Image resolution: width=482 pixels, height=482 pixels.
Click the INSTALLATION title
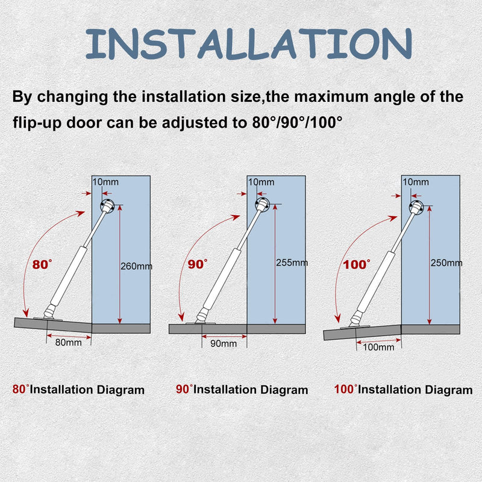pyautogui.click(x=249, y=43)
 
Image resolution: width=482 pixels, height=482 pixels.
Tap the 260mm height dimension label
pyautogui.click(x=136, y=266)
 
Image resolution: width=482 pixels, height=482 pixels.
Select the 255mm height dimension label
pyautogui.click(x=292, y=263)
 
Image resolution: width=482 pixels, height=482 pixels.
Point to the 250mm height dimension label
pyautogui.click(x=446, y=263)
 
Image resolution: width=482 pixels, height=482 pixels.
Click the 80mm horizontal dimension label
pyautogui.click(x=68, y=342)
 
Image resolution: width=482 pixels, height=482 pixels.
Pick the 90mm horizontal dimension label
pyautogui.click(x=224, y=343)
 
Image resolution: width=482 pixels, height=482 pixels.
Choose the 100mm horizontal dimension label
pyautogui.click(x=378, y=348)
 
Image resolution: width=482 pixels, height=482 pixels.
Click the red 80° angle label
pyautogui.click(x=42, y=264)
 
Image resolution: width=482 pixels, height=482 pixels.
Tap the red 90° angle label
pyautogui.click(x=198, y=264)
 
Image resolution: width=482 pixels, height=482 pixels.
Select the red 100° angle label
pyautogui.click(x=357, y=264)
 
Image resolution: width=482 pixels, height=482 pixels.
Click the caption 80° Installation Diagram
pyautogui.click(x=78, y=389)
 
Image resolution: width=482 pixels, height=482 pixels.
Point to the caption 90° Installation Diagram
pyautogui.click(x=242, y=389)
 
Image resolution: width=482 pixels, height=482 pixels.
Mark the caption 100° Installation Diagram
pyautogui.click(x=403, y=389)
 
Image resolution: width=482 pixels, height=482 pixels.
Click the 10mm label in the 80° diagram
pyautogui.click(x=105, y=182)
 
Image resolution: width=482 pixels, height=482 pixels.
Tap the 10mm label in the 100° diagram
pyautogui.click(x=416, y=182)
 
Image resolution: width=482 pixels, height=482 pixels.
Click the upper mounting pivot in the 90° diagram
pyautogui.click(x=262, y=204)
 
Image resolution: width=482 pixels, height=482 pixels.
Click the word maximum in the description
pyautogui.click(x=332, y=97)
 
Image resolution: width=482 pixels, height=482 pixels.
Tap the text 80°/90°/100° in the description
pyautogui.click(x=297, y=122)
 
